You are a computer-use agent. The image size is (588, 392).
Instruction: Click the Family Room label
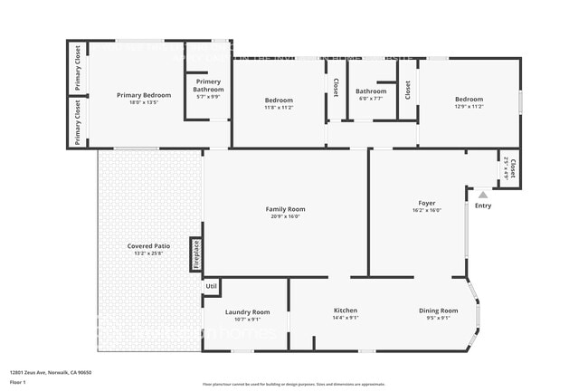tap(285, 209)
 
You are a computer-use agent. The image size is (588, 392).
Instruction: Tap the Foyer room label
tap(427, 203)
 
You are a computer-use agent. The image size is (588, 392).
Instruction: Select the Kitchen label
tap(346, 311)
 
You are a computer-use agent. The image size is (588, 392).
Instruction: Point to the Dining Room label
tap(438, 311)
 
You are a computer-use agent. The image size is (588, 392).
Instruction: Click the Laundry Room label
tap(247, 311)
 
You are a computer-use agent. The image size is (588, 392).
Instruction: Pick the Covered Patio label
tap(149, 246)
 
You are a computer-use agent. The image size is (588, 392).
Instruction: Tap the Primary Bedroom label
tap(144, 95)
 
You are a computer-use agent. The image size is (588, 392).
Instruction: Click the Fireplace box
tap(194, 254)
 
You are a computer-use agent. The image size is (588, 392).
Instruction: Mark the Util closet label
tap(211, 287)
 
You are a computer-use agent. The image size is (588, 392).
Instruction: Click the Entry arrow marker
tap(483, 194)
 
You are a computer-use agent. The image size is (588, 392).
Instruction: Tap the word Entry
tap(483, 206)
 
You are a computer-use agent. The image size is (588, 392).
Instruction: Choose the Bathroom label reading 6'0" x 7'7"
tap(371, 91)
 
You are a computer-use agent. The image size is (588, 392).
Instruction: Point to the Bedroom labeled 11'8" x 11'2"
tap(279, 100)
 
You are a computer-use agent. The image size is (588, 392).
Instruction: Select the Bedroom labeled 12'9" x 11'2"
tap(469, 100)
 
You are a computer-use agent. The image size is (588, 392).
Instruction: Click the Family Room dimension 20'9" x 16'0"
tap(285, 216)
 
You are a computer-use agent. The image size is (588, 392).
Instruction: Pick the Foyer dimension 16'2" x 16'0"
tap(427, 210)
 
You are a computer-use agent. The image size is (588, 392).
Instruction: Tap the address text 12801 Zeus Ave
tap(51, 373)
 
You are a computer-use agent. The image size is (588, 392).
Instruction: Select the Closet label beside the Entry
tap(512, 167)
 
